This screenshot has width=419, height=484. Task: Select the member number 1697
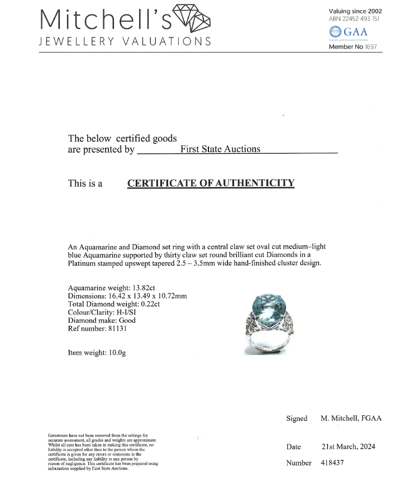point(370,47)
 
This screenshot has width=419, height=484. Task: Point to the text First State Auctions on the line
point(220,149)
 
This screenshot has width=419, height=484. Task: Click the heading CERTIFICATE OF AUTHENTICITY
point(211,183)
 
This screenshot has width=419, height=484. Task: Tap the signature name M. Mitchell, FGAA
point(351,418)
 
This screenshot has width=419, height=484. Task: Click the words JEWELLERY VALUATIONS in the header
point(125,41)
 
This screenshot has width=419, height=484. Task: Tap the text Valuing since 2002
point(356,11)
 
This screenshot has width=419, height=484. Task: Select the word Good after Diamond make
point(127,320)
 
